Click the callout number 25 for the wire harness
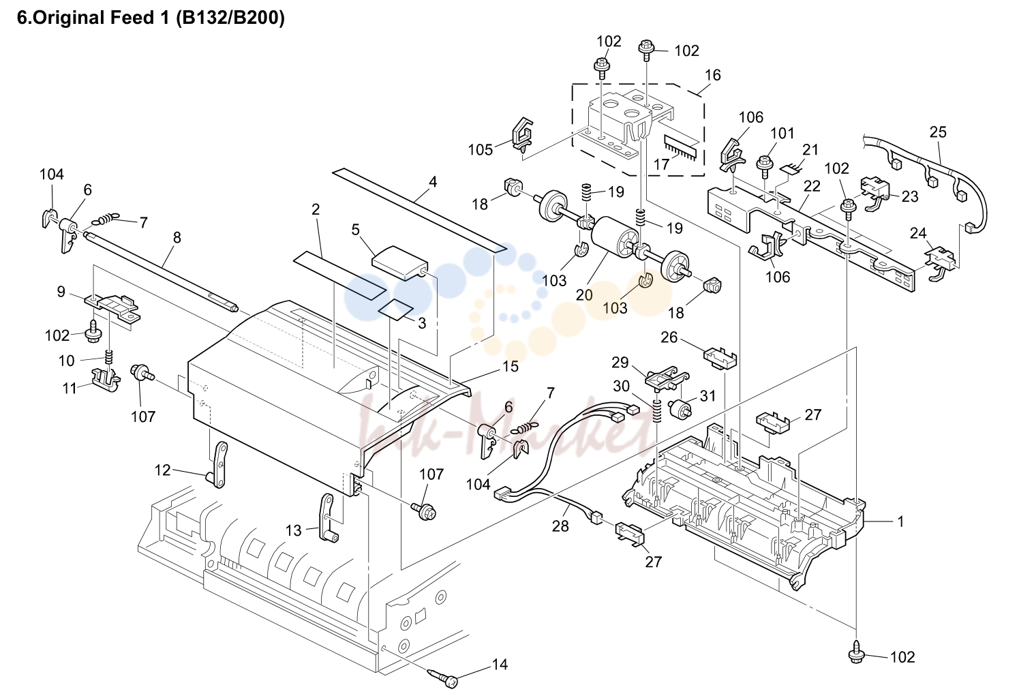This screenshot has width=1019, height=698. click(x=938, y=132)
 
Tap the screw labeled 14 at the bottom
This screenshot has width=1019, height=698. click(x=444, y=678)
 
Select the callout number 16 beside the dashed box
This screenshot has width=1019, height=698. click(x=713, y=75)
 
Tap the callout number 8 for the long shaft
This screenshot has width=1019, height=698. click(x=177, y=237)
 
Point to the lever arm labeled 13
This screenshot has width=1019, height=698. click(x=328, y=517)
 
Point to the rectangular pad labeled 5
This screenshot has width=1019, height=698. click(x=399, y=262)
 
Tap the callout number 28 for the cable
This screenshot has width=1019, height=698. click(x=560, y=526)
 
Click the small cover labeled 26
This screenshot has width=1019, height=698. click(x=720, y=357)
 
